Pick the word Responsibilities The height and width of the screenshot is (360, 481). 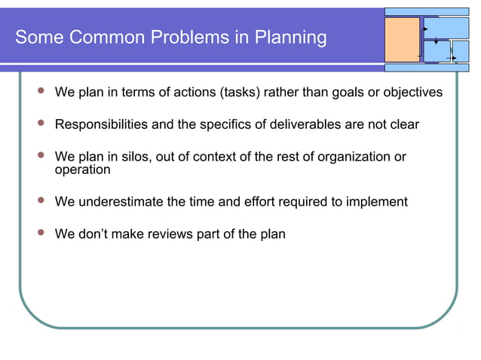pyautogui.click(x=102, y=124)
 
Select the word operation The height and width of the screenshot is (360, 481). pyautogui.click(x=82, y=169)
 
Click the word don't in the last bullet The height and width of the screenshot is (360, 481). pyautogui.click(x=94, y=234)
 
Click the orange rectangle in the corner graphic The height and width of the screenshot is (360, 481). pyautogui.click(x=403, y=41)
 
